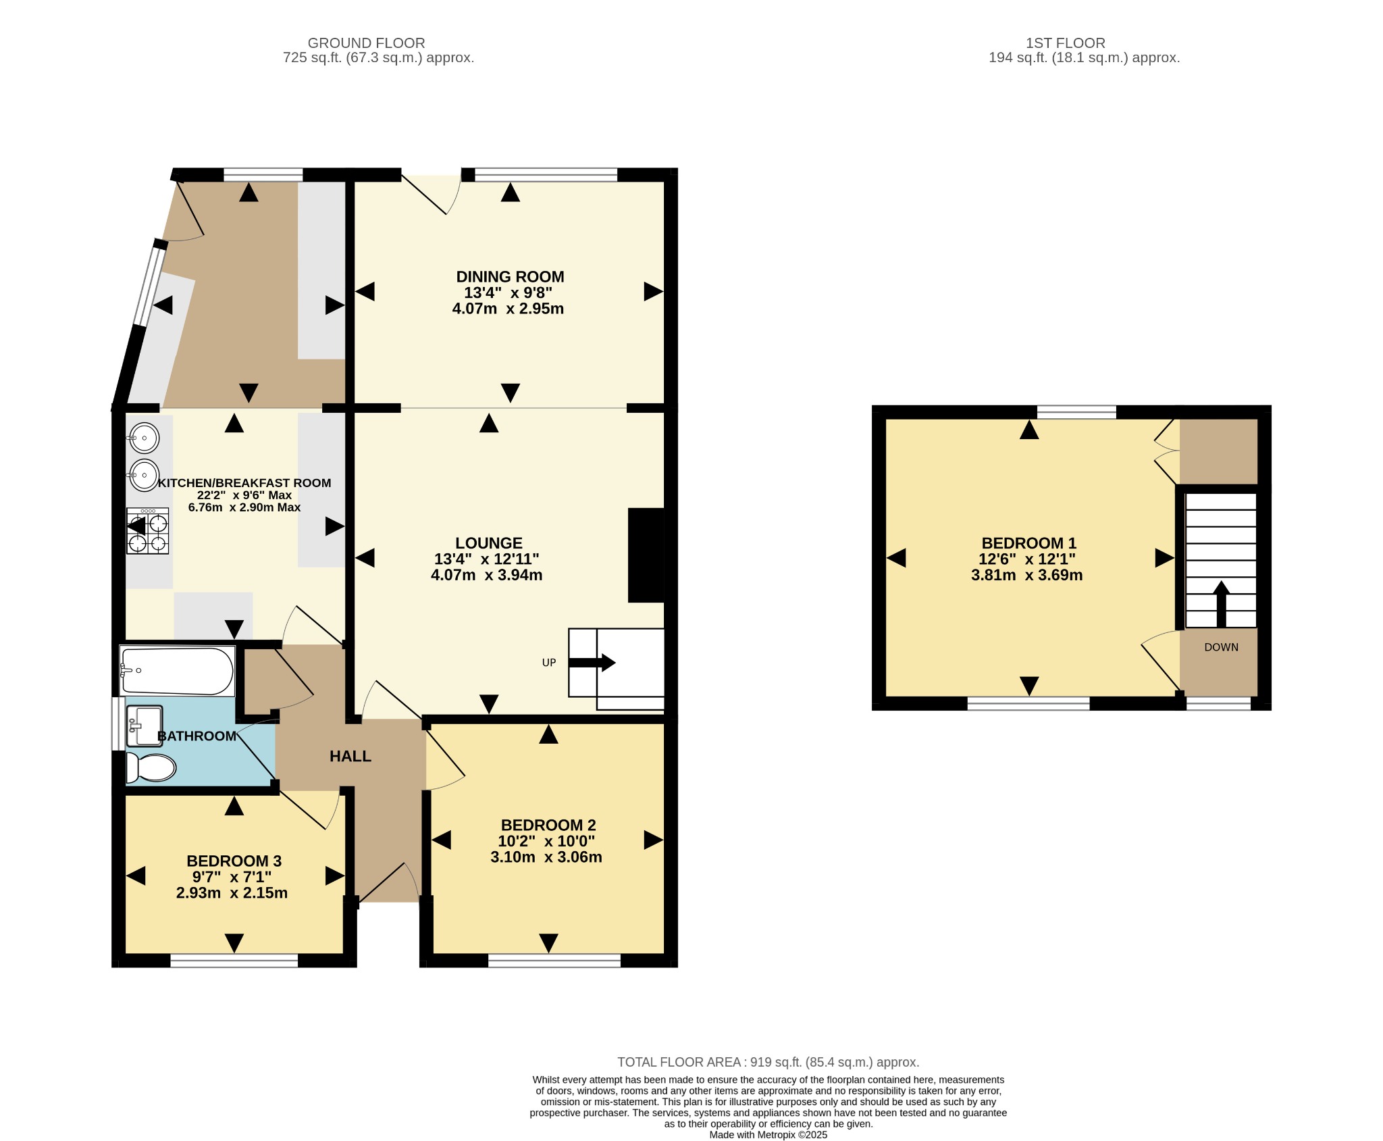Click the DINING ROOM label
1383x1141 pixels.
510,276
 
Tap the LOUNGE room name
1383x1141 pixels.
489,543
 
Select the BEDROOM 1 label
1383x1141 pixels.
1028,543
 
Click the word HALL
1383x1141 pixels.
350,757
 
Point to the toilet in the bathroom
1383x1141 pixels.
151,767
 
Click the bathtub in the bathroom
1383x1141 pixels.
177,671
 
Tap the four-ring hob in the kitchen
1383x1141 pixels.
148,531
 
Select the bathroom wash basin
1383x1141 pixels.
145,726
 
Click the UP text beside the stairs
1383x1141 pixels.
549,663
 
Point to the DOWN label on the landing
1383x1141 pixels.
1222,647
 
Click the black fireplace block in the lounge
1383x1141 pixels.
646,555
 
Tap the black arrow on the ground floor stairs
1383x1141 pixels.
592,663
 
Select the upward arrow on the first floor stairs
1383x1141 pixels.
1221,604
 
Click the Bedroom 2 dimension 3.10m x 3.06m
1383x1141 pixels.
546,857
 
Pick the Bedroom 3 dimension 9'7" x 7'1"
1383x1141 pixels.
232,877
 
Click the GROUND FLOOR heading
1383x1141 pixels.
367,43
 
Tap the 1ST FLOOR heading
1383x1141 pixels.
1066,43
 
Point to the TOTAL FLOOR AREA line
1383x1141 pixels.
768,1062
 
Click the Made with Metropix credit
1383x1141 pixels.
768,1135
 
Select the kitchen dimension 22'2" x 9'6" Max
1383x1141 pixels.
244,495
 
